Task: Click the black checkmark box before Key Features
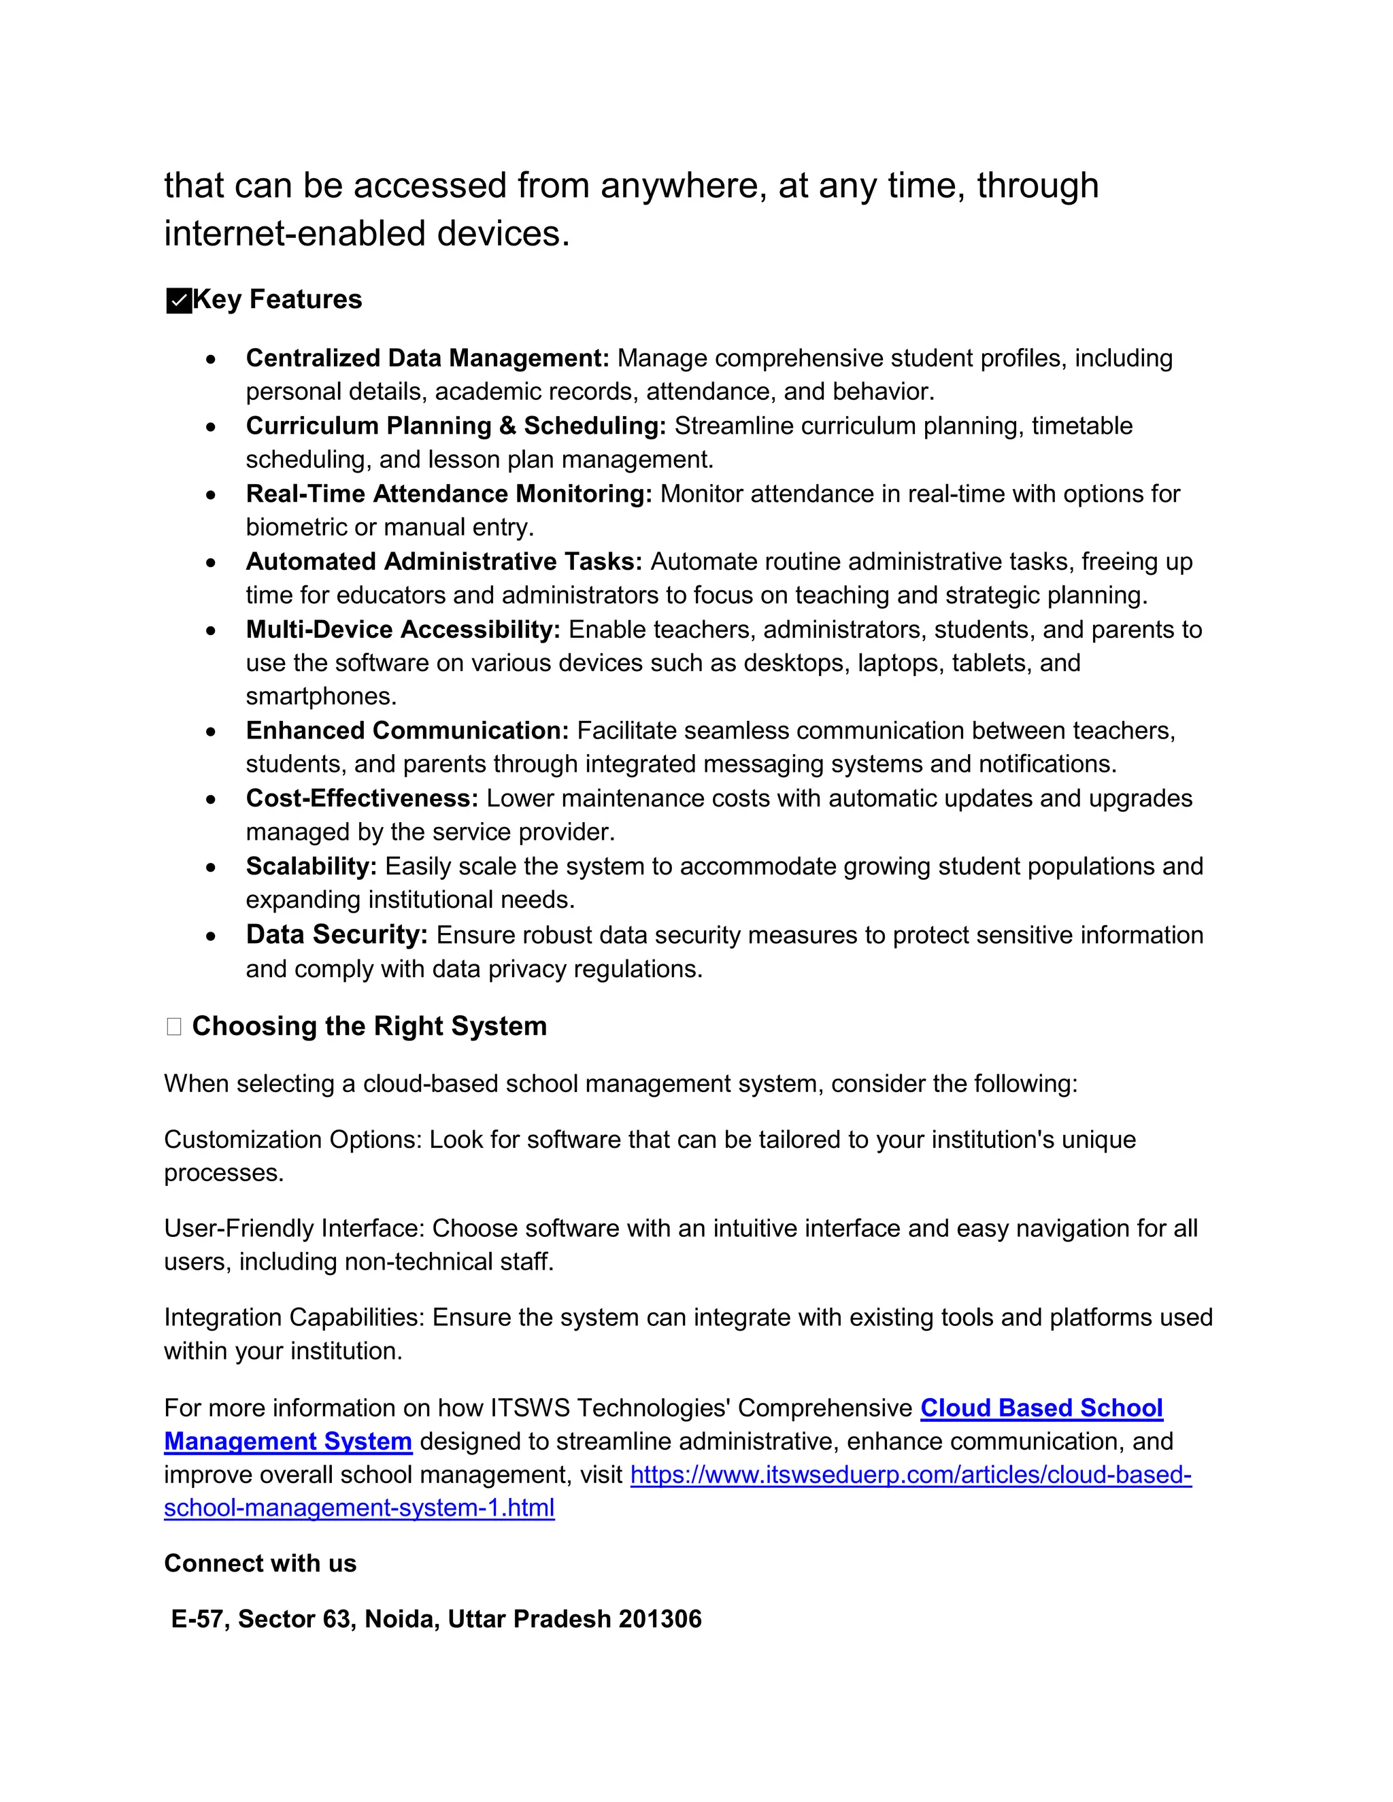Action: (x=178, y=301)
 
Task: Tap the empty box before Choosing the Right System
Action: (x=173, y=1026)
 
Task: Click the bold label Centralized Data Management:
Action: (x=426, y=358)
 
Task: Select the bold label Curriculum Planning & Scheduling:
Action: (x=456, y=426)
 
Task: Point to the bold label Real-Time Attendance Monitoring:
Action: (x=449, y=494)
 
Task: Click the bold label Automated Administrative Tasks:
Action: (x=443, y=562)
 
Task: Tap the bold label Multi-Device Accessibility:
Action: (x=403, y=630)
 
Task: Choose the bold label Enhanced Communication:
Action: (x=407, y=730)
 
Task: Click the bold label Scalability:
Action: (x=311, y=866)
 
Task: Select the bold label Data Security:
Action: (x=337, y=935)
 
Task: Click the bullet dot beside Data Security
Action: (x=212, y=936)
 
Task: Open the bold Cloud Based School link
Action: (x=1041, y=1408)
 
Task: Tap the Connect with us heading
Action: (x=260, y=1563)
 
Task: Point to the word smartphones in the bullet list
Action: (x=321, y=696)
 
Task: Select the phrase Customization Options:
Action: (x=293, y=1140)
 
